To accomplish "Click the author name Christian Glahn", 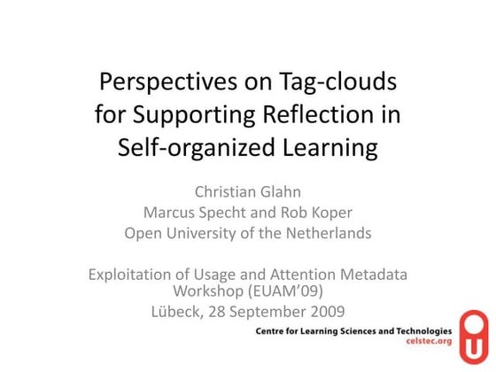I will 248,192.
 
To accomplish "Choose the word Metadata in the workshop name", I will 373,275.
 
